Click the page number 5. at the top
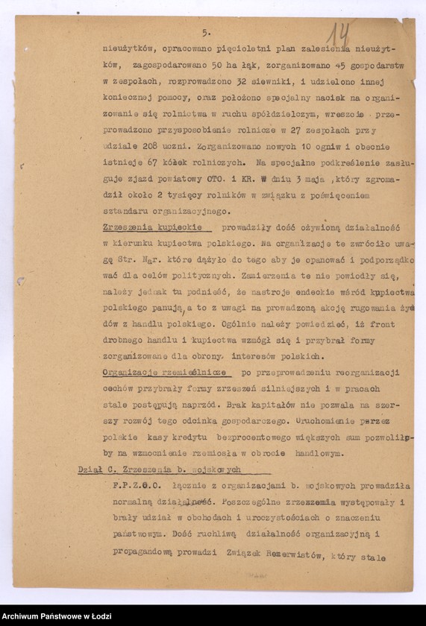[x=207, y=33]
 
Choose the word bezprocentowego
[x=247, y=437]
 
